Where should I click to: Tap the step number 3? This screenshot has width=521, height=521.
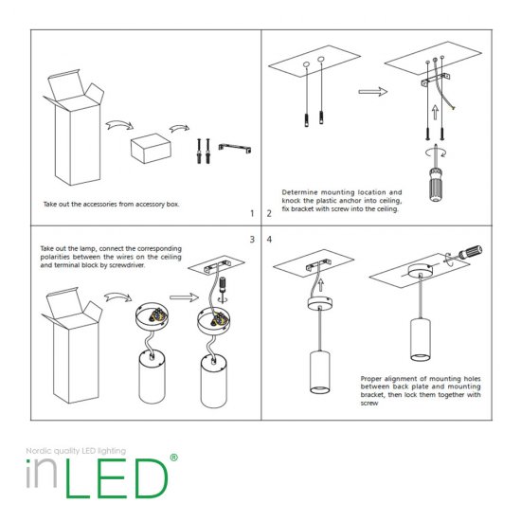pyautogui.click(x=251, y=239)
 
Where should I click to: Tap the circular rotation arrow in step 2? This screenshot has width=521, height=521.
pyautogui.click(x=438, y=152)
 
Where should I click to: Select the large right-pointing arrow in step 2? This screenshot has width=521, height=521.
pyautogui.click(x=371, y=92)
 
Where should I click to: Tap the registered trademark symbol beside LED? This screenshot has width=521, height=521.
pyautogui.click(x=172, y=458)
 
